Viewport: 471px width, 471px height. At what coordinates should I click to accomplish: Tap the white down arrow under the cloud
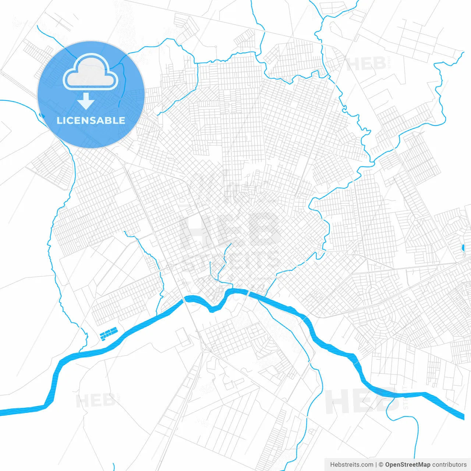(86, 101)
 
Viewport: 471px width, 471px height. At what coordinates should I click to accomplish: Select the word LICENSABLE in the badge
(91, 120)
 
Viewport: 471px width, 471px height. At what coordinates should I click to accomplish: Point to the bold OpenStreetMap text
(408, 465)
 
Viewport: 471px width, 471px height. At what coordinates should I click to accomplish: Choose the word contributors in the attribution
(449, 465)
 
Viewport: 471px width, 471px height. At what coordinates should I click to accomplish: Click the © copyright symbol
(381, 465)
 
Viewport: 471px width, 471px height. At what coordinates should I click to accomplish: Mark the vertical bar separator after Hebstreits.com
(376, 465)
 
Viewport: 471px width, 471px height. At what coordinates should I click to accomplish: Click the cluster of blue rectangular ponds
(108, 333)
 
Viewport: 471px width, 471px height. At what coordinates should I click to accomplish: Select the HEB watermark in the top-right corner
(366, 64)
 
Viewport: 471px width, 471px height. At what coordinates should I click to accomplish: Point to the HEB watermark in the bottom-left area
(95, 401)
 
